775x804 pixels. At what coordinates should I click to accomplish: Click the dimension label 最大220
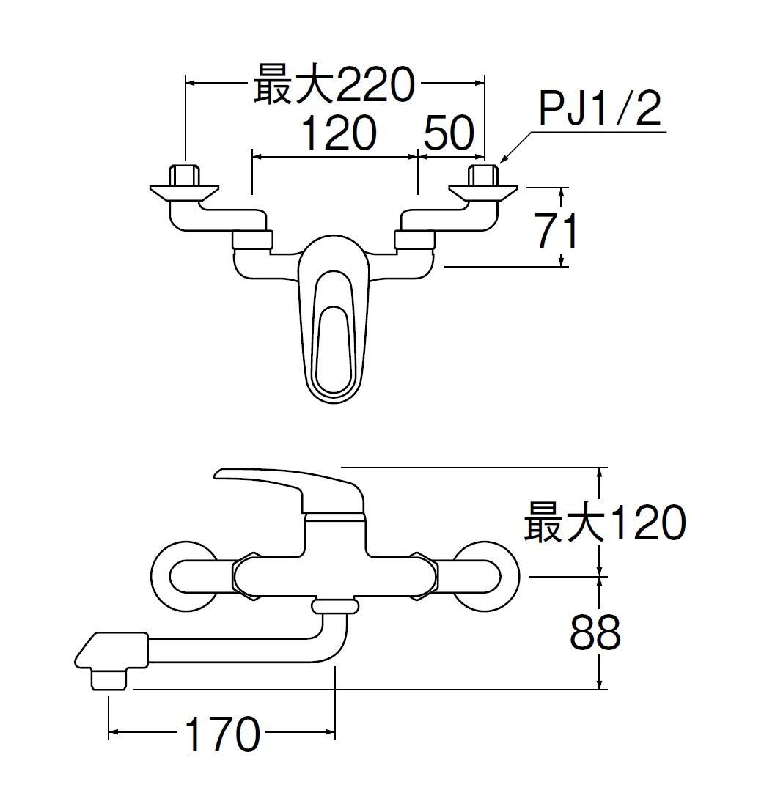[x=334, y=86]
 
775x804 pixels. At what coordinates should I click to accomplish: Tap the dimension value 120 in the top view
[x=339, y=134]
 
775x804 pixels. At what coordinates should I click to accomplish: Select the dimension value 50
[x=449, y=134]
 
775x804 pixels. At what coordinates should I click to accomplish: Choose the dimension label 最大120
[x=605, y=523]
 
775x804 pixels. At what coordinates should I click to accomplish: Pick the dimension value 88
[x=595, y=632]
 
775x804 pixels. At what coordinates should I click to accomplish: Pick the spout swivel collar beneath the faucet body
[x=335, y=605]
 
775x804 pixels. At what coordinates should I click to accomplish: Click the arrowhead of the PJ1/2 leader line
[x=504, y=158]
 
